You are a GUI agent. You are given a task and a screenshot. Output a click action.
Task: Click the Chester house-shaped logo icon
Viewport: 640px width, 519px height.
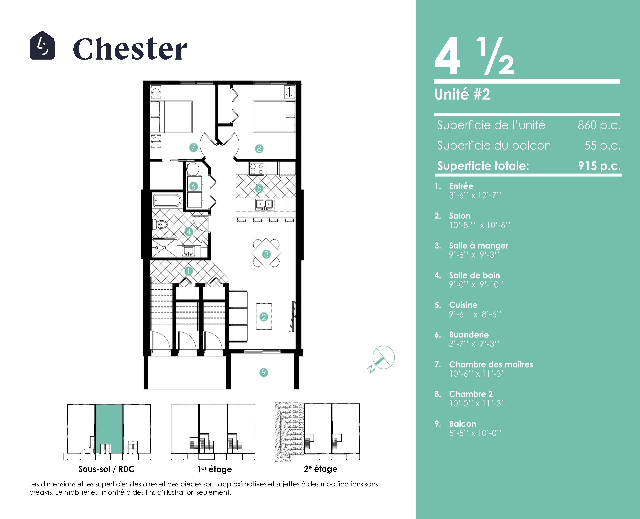point(42,46)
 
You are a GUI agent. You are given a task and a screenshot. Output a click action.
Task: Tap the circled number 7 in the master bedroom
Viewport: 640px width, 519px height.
point(193,148)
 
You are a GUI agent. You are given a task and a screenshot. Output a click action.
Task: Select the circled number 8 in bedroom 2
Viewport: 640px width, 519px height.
point(259,149)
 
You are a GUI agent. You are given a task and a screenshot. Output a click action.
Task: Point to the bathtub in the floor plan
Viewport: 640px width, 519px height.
point(167,201)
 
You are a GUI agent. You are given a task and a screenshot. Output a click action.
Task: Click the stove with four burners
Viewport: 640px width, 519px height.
point(257,169)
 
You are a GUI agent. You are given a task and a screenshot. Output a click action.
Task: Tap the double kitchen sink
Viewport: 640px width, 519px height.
point(264,204)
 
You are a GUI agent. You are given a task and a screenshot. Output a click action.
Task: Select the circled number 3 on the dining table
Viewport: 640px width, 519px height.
point(266,254)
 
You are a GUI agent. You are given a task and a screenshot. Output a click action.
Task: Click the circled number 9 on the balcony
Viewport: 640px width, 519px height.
point(264,372)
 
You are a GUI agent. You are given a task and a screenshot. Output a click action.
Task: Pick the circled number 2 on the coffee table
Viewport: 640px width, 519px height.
point(264,317)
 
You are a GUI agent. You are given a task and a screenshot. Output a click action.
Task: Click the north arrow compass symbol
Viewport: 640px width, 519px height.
point(382,359)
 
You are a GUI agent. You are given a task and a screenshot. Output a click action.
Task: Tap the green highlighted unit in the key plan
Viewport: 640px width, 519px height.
point(109,429)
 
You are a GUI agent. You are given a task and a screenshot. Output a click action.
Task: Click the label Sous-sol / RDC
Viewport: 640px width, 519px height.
point(106,469)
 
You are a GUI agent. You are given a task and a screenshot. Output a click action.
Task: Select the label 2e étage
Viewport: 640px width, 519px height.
point(320,469)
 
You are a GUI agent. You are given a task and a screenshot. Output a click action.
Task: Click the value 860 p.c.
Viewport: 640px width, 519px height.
point(599,125)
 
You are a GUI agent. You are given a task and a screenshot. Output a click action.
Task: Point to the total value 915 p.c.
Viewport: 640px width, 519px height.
point(599,166)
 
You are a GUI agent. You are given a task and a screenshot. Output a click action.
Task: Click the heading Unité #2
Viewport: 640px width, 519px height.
point(462,94)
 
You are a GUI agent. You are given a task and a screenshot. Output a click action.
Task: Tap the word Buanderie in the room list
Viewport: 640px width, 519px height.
point(469,334)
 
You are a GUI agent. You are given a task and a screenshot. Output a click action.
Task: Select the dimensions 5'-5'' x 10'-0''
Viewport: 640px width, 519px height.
point(475,433)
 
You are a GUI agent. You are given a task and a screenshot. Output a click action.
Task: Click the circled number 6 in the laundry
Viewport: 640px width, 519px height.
point(193,186)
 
